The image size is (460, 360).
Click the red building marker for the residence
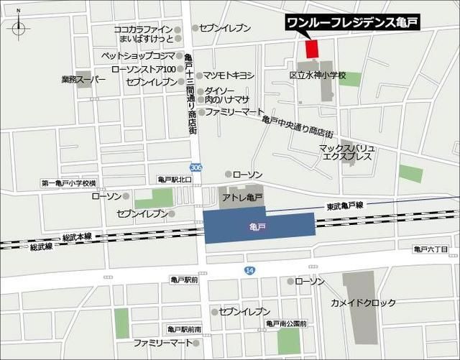tap(311, 49)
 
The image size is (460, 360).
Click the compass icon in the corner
tap(19, 29)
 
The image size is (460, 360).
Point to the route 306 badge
tap(197, 167)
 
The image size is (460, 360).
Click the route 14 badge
tap(249, 269)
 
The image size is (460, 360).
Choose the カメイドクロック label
tap(363, 303)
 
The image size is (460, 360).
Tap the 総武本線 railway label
tap(80, 236)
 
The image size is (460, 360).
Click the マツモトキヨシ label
tap(229, 75)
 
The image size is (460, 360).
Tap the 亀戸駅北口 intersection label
tap(175, 179)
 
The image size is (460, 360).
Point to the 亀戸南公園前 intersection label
tap(286, 324)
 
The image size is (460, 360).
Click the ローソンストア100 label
tap(144, 69)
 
